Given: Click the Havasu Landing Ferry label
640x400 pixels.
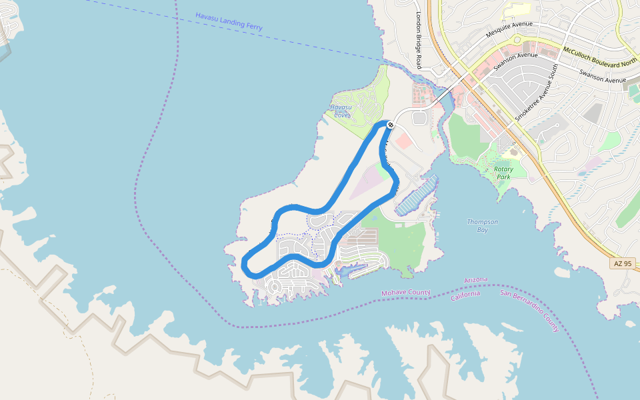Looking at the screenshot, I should [x=229, y=21].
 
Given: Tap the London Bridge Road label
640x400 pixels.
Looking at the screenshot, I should [x=419, y=40].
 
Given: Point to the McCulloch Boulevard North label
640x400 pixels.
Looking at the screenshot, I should [x=600, y=56].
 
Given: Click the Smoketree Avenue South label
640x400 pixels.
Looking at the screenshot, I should [x=536, y=93].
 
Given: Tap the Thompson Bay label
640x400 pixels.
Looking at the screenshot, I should [x=483, y=225].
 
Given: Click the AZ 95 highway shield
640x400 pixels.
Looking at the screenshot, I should [x=622, y=264].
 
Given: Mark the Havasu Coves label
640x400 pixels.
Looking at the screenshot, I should [x=341, y=111].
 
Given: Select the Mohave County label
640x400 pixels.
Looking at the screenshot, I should [x=405, y=293].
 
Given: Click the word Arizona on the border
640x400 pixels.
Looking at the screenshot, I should [x=475, y=280].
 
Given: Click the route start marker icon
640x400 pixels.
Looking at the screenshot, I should [x=391, y=125].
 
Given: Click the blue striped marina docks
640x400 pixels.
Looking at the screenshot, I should [x=416, y=195].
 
